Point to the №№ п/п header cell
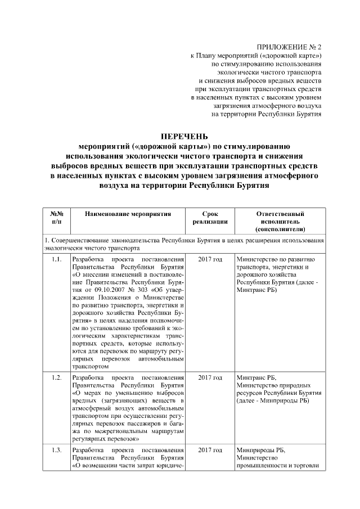click(56, 218)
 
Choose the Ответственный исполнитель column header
click(280, 222)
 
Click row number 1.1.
click(56, 259)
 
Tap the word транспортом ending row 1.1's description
click(90, 365)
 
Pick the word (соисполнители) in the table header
click(280, 229)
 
